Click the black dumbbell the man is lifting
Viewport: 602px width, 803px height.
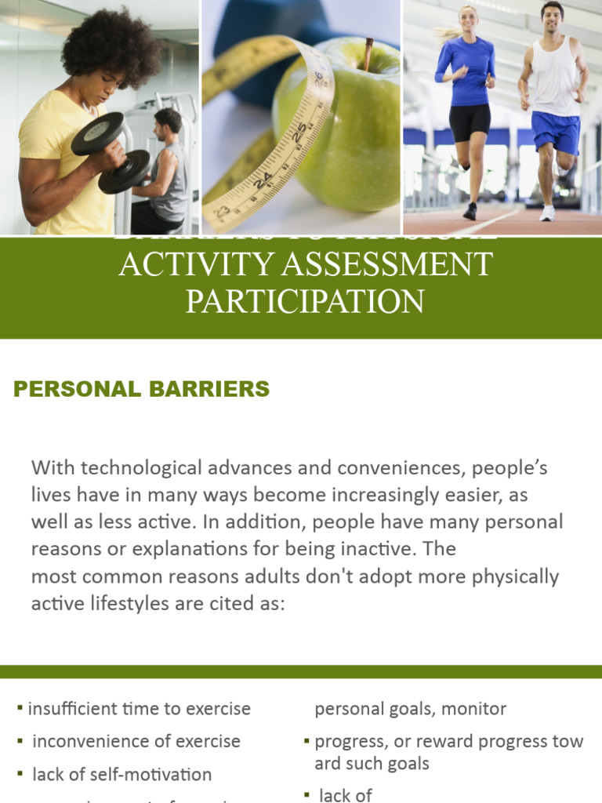[x=110, y=151]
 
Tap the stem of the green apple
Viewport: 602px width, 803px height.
[x=368, y=54]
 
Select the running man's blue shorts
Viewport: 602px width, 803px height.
[x=555, y=131]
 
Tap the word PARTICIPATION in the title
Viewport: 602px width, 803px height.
[x=305, y=301]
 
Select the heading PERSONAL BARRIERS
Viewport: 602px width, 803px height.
[x=142, y=389]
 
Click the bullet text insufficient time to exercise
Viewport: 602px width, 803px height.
[x=140, y=709]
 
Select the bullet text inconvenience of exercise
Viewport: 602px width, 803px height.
[x=136, y=741]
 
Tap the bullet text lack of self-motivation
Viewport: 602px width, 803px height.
[x=122, y=775]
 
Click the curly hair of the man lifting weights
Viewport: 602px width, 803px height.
[x=110, y=43]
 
